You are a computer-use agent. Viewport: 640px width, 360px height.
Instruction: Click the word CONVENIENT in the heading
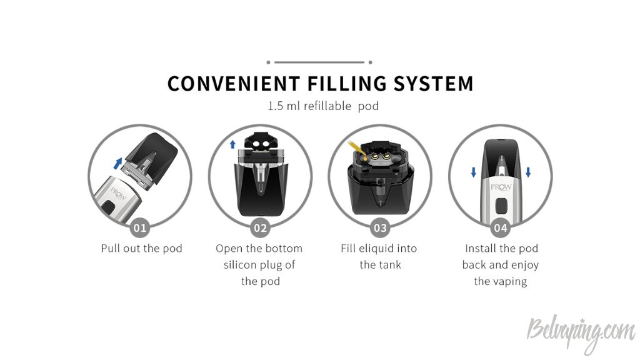234,83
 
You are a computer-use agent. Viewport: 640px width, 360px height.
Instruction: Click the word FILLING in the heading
346,83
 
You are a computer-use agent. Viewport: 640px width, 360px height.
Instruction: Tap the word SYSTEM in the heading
433,83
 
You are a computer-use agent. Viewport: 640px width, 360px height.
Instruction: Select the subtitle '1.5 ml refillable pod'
323,106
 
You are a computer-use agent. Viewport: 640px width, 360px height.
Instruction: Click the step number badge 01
139,227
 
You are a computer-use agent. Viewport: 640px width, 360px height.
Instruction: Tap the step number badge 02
260,227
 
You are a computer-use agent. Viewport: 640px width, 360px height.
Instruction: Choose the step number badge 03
380,227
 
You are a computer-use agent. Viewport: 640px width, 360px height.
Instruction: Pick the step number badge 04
501,227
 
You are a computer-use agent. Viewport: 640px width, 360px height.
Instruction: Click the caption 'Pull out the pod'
141,248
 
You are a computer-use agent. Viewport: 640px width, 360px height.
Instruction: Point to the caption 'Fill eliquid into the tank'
379,256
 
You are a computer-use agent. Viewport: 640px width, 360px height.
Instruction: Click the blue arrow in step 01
117,163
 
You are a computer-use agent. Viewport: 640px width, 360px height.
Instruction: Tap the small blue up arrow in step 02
232,144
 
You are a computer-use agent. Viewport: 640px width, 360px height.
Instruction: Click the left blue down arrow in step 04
474,172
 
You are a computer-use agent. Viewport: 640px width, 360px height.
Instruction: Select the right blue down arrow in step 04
528,172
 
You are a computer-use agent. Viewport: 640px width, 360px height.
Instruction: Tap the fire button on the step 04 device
501,205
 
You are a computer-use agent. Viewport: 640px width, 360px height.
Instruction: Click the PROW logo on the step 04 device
501,187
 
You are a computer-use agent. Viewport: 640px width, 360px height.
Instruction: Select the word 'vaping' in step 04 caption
510,282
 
